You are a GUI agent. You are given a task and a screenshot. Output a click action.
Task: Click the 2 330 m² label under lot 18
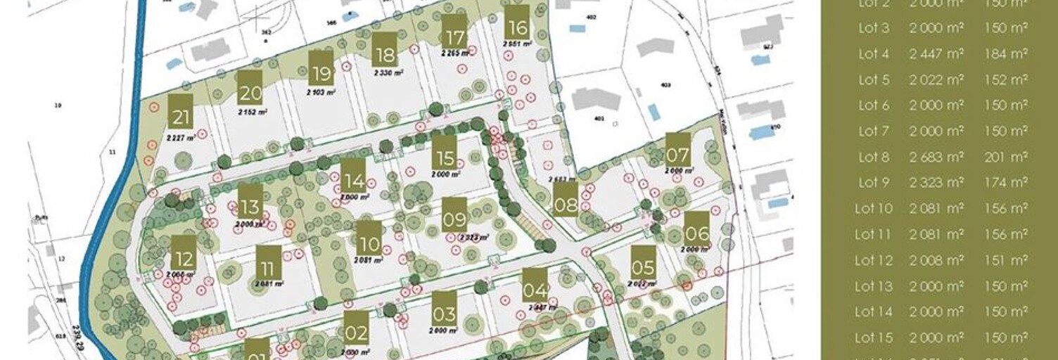[x=388, y=72]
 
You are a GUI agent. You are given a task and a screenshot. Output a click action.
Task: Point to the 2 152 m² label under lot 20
[x=252, y=111]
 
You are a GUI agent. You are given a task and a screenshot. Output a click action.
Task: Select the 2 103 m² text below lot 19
[x=321, y=92]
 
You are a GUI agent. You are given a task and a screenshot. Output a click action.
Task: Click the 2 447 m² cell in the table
[x=936, y=54]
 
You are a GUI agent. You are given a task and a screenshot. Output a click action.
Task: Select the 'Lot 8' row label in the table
[x=874, y=157]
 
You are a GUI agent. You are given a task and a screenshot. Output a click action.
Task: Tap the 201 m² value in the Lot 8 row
[x=1006, y=157]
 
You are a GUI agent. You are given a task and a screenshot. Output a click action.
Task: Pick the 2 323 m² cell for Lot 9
[x=936, y=183]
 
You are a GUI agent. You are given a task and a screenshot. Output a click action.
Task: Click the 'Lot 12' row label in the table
[x=874, y=260]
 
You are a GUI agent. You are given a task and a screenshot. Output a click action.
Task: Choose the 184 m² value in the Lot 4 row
[x=1006, y=54]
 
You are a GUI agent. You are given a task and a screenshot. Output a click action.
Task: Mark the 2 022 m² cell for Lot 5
[x=936, y=80]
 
